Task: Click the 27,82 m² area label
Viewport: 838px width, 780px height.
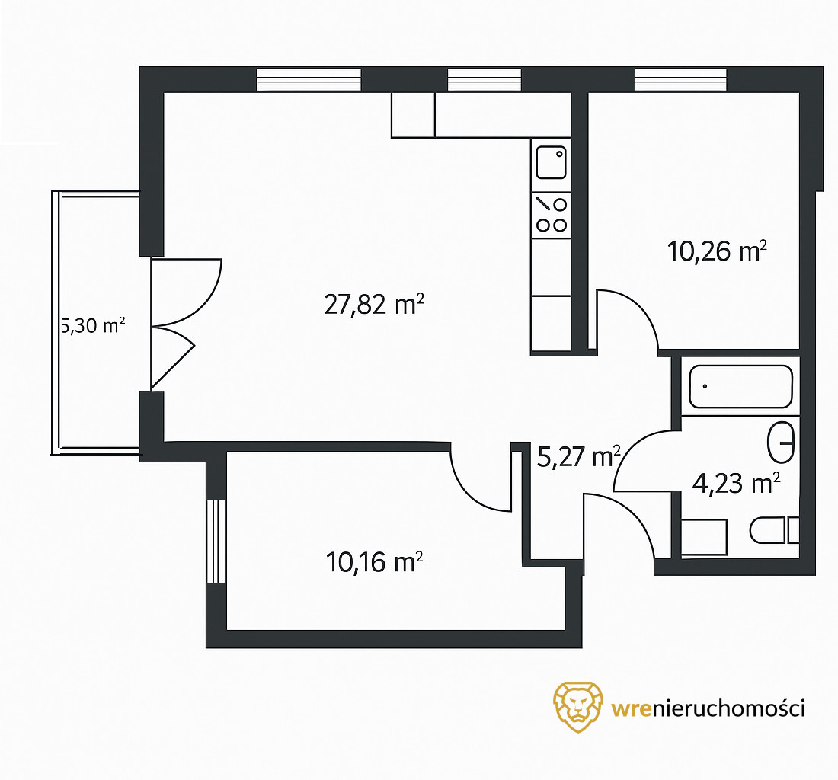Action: click(x=374, y=305)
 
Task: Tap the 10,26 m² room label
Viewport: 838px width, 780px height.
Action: click(x=717, y=251)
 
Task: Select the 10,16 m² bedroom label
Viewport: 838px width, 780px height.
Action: click(x=374, y=562)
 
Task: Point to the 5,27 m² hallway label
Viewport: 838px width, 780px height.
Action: click(x=578, y=457)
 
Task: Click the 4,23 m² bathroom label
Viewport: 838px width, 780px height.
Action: click(x=736, y=484)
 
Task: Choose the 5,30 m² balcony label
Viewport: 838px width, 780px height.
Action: click(x=93, y=326)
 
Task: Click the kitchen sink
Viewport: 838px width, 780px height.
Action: click(x=551, y=163)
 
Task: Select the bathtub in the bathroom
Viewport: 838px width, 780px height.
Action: click(x=740, y=387)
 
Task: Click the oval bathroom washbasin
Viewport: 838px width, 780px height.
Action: click(x=781, y=443)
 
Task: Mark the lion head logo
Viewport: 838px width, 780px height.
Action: click(x=578, y=706)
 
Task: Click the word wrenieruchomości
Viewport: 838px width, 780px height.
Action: click(x=708, y=708)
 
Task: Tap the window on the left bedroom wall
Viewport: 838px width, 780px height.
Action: click(x=216, y=541)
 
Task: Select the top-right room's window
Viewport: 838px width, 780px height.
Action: click(x=681, y=80)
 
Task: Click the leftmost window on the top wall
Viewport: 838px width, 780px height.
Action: click(x=309, y=80)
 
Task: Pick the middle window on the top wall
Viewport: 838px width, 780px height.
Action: click(x=485, y=80)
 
